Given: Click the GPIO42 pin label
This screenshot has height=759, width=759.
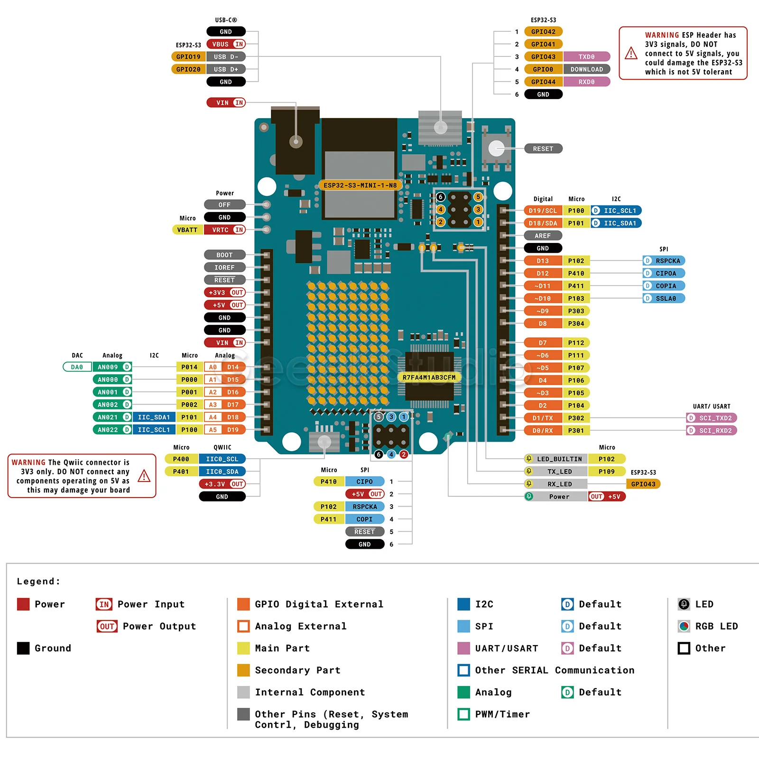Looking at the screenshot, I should click(543, 32).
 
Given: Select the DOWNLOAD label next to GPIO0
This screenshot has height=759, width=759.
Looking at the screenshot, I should click(586, 69).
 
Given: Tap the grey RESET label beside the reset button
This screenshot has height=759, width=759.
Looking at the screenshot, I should click(543, 149).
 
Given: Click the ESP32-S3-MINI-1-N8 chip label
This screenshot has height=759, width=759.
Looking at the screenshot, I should click(360, 185).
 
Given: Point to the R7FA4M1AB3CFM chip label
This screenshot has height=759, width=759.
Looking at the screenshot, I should click(429, 378).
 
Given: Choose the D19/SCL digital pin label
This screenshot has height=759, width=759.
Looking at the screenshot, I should click(543, 211).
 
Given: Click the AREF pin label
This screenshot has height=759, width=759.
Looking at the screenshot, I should click(543, 236).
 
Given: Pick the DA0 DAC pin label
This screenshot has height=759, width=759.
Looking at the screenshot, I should click(77, 367).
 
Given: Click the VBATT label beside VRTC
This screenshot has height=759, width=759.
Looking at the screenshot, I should click(187, 230).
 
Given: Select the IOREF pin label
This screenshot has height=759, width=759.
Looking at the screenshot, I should click(224, 268).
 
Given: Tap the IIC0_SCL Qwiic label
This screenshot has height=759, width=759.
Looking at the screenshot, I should click(222, 459).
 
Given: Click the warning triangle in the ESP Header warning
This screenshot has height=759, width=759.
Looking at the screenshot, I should click(631, 53).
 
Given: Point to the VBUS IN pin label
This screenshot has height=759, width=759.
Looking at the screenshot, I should click(226, 44).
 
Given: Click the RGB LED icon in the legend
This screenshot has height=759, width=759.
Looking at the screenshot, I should click(684, 626).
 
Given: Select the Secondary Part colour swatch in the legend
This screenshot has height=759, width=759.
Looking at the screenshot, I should click(243, 670).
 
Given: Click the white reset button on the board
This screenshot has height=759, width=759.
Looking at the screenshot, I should click(496, 148).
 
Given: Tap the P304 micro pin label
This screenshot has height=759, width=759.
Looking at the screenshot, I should click(576, 324).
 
